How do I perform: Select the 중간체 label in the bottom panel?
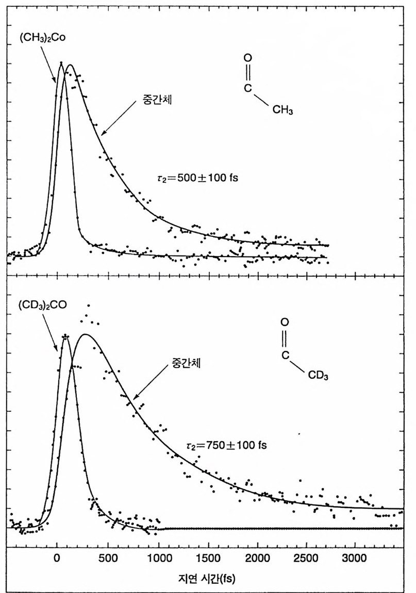186,363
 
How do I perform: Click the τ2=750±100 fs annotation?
226,444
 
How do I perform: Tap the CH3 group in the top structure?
283,111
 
